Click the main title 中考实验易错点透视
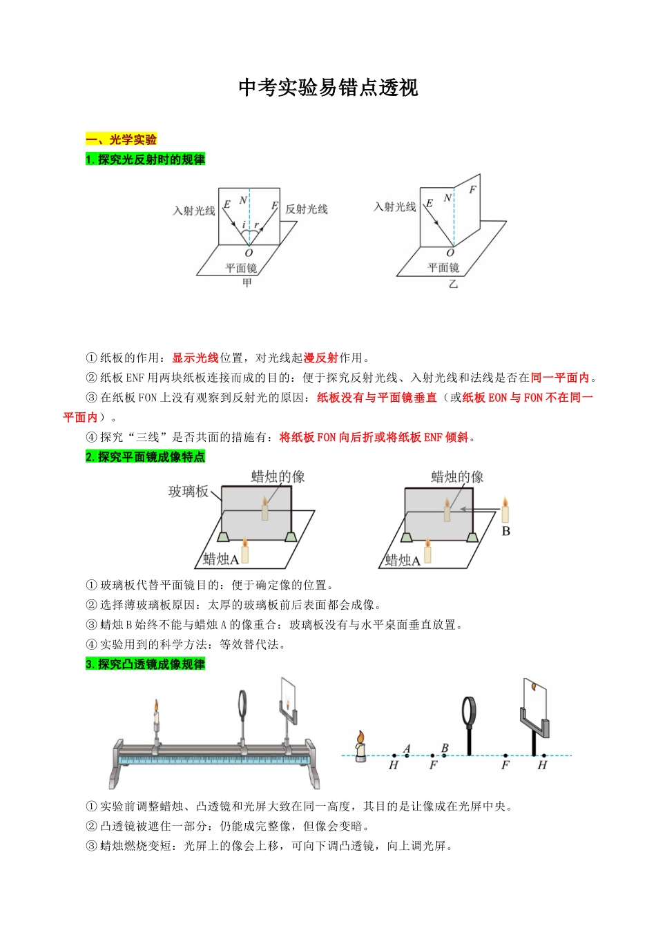328,88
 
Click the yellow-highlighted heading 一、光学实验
121,139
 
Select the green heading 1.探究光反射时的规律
145,159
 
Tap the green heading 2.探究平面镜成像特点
145,457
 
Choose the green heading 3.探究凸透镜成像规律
145,664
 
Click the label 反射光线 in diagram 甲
307,209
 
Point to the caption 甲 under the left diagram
247,283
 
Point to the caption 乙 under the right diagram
453,284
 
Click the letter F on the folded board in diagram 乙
472,189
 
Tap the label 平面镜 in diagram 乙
443,268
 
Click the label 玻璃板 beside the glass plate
188,492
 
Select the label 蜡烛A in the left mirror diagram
220,559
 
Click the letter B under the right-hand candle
505,531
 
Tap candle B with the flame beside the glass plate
505,511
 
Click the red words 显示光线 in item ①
195,358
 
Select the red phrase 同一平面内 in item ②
560,378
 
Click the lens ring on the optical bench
244,704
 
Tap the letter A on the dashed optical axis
407,748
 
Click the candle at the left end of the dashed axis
360,747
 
